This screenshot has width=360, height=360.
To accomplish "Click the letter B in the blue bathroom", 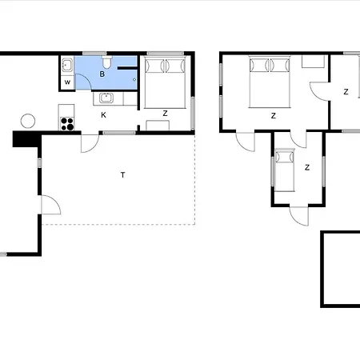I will click(102, 74).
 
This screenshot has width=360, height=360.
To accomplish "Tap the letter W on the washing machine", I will click(67, 82).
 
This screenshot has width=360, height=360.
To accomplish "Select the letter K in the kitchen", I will click(103, 114).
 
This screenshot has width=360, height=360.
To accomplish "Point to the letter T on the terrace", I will click(122, 174).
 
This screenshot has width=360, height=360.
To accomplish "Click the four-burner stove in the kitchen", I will click(68, 123).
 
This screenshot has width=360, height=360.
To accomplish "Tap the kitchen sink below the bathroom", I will click(105, 98).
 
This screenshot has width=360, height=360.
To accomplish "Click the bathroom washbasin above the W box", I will click(67, 64).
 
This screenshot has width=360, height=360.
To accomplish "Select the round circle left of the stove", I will click(28, 121).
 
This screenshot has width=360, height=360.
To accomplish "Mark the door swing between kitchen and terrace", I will click(90, 142).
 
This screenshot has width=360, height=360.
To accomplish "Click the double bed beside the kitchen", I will click(166, 82).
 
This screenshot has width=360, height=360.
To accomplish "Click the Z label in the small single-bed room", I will click(307, 167).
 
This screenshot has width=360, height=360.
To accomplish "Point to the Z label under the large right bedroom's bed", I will click(273, 116).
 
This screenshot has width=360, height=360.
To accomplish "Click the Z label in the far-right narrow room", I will click(346, 92).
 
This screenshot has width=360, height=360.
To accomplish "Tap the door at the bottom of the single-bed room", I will click(298, 214).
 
